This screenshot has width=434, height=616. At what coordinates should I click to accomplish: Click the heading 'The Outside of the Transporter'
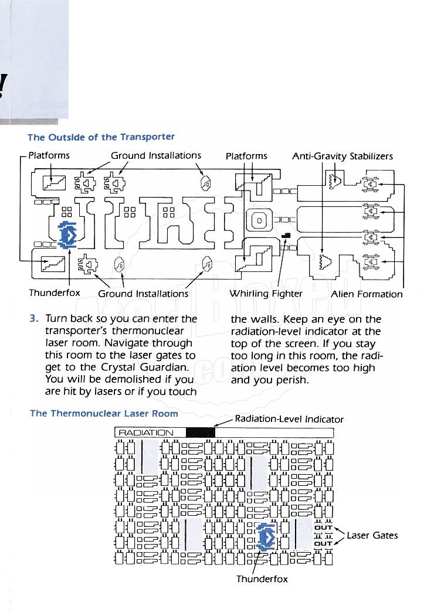[x=101, y=137]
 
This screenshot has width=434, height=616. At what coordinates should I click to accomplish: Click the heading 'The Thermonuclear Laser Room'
[x=104, y=413]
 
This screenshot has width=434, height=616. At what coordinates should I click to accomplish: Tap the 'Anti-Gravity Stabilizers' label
[x=343, y=156]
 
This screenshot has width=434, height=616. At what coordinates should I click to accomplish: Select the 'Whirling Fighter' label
[x=266, y=294]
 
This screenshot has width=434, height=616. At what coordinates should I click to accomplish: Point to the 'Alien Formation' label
[x=367, y=294]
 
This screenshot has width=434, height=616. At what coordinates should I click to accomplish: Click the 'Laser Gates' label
[x=372, y=535]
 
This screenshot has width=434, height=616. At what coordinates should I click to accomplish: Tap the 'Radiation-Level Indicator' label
[x=289, y=418]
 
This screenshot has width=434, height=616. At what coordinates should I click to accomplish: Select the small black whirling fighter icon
[x=286, y=235]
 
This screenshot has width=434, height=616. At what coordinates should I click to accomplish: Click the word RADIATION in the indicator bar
[x=146, y=433]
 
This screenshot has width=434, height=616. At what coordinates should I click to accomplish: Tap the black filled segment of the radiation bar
[x=201, y=433]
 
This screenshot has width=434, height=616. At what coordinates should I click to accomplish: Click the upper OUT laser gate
[x=324, y=527]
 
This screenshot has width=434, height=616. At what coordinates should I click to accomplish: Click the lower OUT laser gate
[x=324, y=543]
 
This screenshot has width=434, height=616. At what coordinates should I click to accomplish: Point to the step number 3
[x=33, y=319]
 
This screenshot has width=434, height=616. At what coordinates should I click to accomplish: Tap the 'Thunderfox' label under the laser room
[x=262, y=579]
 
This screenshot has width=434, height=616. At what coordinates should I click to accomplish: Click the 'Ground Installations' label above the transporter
[x=156, y=156]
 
